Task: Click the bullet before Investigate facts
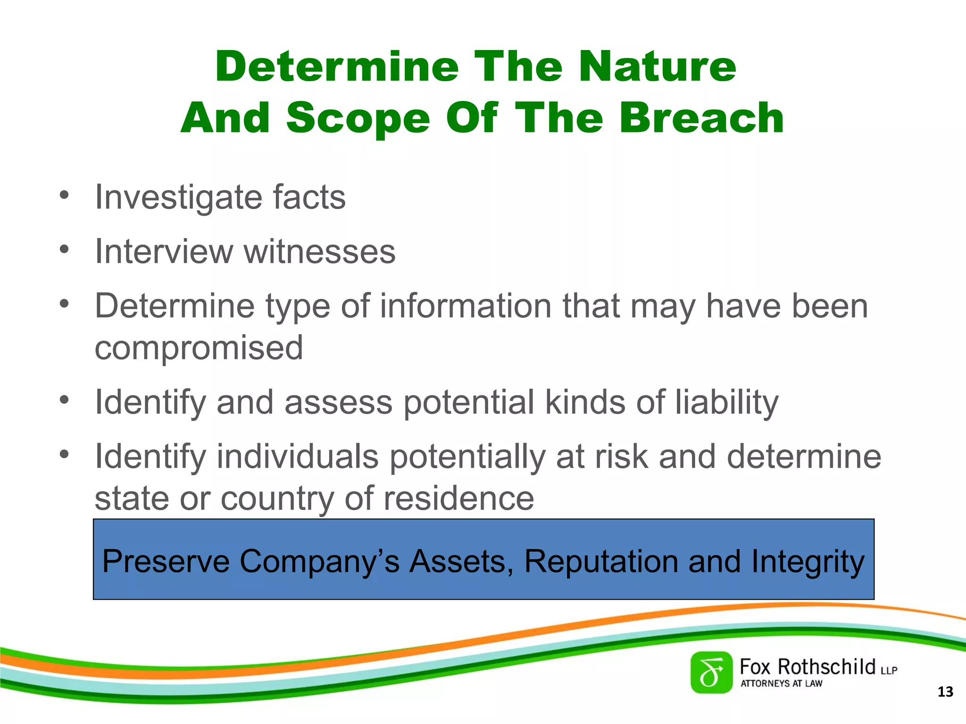pyautogui.click(x=65, y=195)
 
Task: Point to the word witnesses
pyautogui.click(x=319, y=252)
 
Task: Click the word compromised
pyautogui.click(x=199, y=348)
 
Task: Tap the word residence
pyautogui.click(x=458, y=498)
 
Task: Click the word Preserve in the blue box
pyautogui.click(x=166, y=561)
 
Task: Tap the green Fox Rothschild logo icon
pyautogui.click(x=711, y=673)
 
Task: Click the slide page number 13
pyautogui.click(x=945, y=692)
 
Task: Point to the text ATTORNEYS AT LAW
pyautogui.click(x=781, y=683)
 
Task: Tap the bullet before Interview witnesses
pyautogui.click(x=65, y=249)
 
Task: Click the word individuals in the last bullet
pyautogui.click(x=298, y=457)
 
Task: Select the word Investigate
pyautogui.click(x=178, y=197)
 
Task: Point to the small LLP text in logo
pyautogui.click(x=889, y=670)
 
